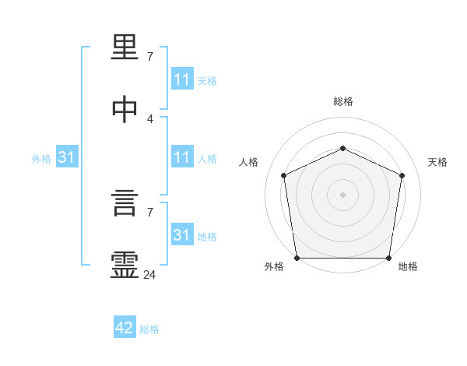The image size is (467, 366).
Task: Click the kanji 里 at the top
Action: click(125, 50)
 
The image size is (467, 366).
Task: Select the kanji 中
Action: click(125, 109)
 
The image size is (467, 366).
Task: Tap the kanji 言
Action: click(125, 206)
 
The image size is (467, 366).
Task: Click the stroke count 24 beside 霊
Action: click(149, 274)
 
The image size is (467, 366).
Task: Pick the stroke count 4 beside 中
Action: click(149, 118)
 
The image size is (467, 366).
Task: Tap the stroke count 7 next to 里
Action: click(149, 57)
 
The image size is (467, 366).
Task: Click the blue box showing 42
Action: click(125, 329)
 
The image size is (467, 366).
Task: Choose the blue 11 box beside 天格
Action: click(181, 79)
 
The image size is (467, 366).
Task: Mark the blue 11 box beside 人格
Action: click(181, 157)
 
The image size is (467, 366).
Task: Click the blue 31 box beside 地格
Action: click(181, 235)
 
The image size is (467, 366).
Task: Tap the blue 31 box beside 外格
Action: click(67, 157)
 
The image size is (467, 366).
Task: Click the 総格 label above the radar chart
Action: click(342, 101)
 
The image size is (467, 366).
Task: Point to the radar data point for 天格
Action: click(402, 175)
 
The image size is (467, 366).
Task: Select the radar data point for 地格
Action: click(388, 258)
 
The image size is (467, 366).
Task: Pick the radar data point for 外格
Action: click(297, 258)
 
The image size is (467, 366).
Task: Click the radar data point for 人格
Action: click(283, 175)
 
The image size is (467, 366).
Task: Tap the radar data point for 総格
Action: click(342, 148)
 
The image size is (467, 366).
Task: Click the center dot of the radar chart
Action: click(342, 195)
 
